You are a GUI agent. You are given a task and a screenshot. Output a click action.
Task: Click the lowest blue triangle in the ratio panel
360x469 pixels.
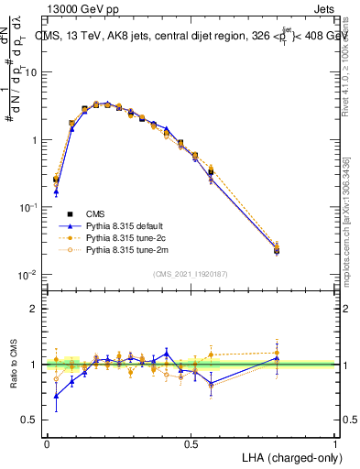click(x=57, y=397)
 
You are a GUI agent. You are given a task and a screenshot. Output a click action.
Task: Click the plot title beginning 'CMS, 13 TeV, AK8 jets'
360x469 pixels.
click(x=197, y=38)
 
